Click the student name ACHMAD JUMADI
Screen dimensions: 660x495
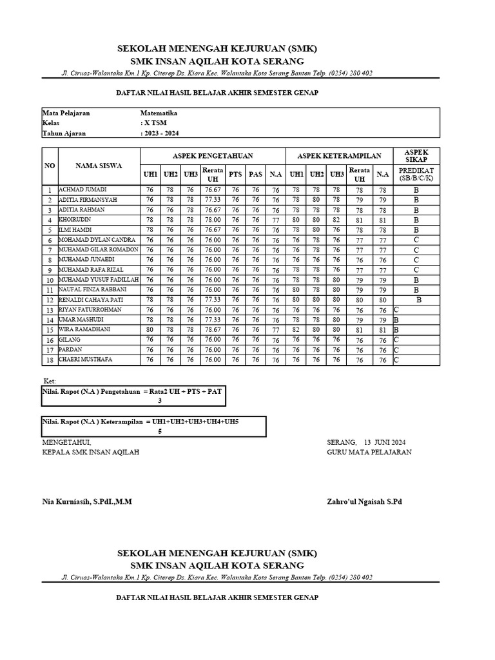click(82, 189)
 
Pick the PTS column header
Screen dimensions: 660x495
click(235, 174)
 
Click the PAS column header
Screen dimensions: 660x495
click(256, 174)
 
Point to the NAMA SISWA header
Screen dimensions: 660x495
click(99, 166)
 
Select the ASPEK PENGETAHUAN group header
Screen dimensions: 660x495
click(213, 156)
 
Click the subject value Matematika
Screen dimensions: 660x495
click(159, 113)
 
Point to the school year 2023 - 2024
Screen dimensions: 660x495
click(160, 133)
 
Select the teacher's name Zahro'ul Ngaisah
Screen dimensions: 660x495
click(364, 501)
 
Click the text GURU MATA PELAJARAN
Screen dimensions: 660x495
click(369, 452)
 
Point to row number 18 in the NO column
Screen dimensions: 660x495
click(50, 360)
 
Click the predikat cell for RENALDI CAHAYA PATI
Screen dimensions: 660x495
click(419, 300)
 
